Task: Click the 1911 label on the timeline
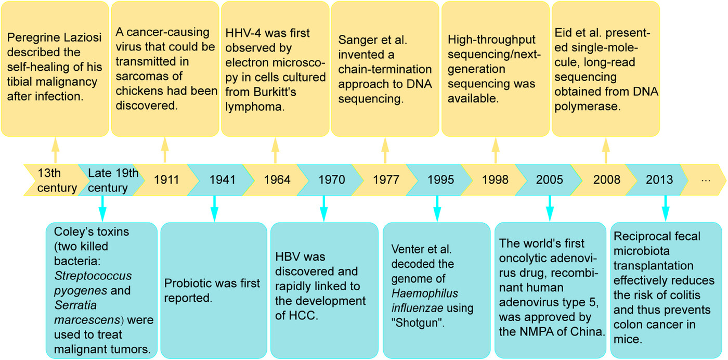[x=166, y=180]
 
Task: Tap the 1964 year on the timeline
[x=277, y=180]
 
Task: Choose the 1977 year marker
[x=386, y=180]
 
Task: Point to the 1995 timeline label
[x=441, y=180]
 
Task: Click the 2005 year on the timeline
[x=550, y=180]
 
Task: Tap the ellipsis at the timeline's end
[x=706, y=181]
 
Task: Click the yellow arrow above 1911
[x=165, y=150]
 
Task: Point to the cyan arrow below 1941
[x=214, y=209]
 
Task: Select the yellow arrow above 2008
[x=606, y=150]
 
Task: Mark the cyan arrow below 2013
[x=666, y=209]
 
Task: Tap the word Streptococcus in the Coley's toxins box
[x=93, y=276]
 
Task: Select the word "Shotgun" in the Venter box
[x=418, y=323]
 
